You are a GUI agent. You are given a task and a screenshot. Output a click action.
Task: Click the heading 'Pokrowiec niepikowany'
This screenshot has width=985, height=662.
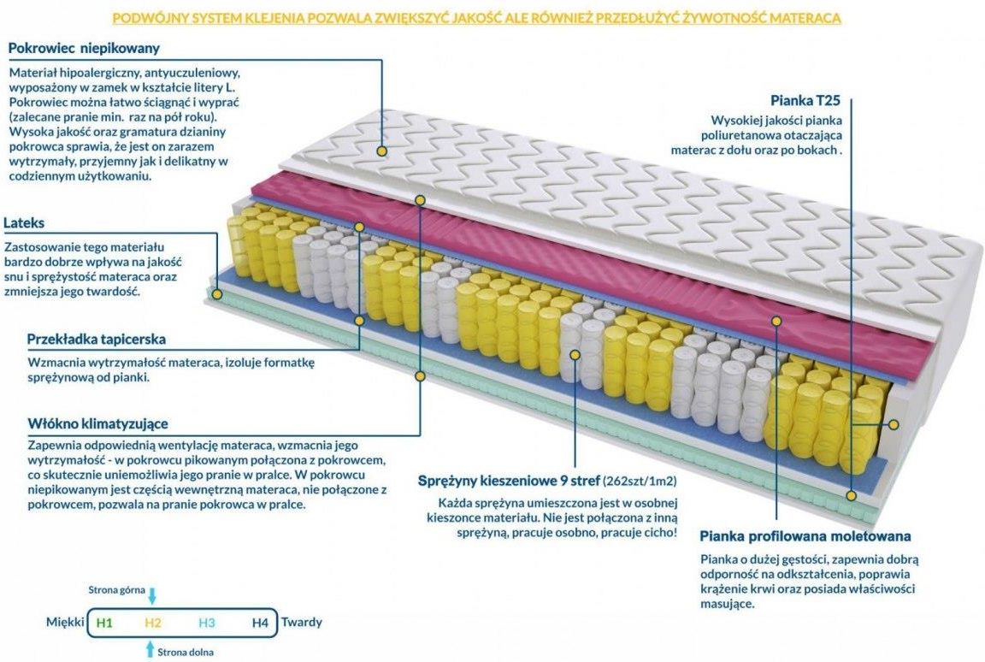click(x=84, y=48)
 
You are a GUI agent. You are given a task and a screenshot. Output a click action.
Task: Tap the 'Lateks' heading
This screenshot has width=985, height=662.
click(x=24, y=222)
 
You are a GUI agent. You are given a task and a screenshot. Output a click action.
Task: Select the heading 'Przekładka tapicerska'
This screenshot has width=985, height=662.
click(x=96, y=340)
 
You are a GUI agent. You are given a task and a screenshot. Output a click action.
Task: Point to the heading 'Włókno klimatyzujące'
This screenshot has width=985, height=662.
click(x=97, y=423)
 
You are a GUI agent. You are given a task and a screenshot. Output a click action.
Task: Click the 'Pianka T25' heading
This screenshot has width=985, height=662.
click(x=805, y=100)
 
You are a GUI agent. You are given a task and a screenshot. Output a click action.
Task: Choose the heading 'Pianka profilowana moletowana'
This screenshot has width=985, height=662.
click(x=805, y=536)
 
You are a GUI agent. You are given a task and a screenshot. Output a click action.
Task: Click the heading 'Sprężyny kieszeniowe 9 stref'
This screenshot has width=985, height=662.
click(x=509, y=482)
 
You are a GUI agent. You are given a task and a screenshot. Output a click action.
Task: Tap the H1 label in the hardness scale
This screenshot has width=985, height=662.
click(x=104, y=623)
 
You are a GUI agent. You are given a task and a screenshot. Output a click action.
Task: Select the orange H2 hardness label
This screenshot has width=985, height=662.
click(x=153, y=623)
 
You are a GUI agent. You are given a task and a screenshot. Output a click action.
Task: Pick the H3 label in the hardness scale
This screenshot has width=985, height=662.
click(x=207, y=623)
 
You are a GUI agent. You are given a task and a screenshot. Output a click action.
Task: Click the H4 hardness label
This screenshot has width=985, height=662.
click(x=260, y=623)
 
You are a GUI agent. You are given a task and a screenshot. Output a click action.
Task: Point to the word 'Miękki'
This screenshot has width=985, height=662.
click(x=65, y=622)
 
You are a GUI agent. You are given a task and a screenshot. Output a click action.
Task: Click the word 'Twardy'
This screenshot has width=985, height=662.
click(x=302, y=622)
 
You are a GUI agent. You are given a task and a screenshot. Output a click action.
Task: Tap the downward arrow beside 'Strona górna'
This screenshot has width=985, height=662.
click(x=152, y=595)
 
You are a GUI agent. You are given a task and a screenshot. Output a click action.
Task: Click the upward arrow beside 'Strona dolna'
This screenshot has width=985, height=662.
click(x=150, y=649)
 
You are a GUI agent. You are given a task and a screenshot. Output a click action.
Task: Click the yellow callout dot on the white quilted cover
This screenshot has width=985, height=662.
click(x=381, y=151)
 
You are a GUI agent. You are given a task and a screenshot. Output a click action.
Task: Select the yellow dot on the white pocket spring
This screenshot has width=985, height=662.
click(x=575, y=355)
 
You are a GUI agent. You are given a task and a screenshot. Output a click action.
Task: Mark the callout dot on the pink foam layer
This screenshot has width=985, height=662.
click(x=776, y=321)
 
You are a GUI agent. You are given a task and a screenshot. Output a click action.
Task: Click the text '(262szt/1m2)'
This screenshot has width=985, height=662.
click(x=640, y=482)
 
